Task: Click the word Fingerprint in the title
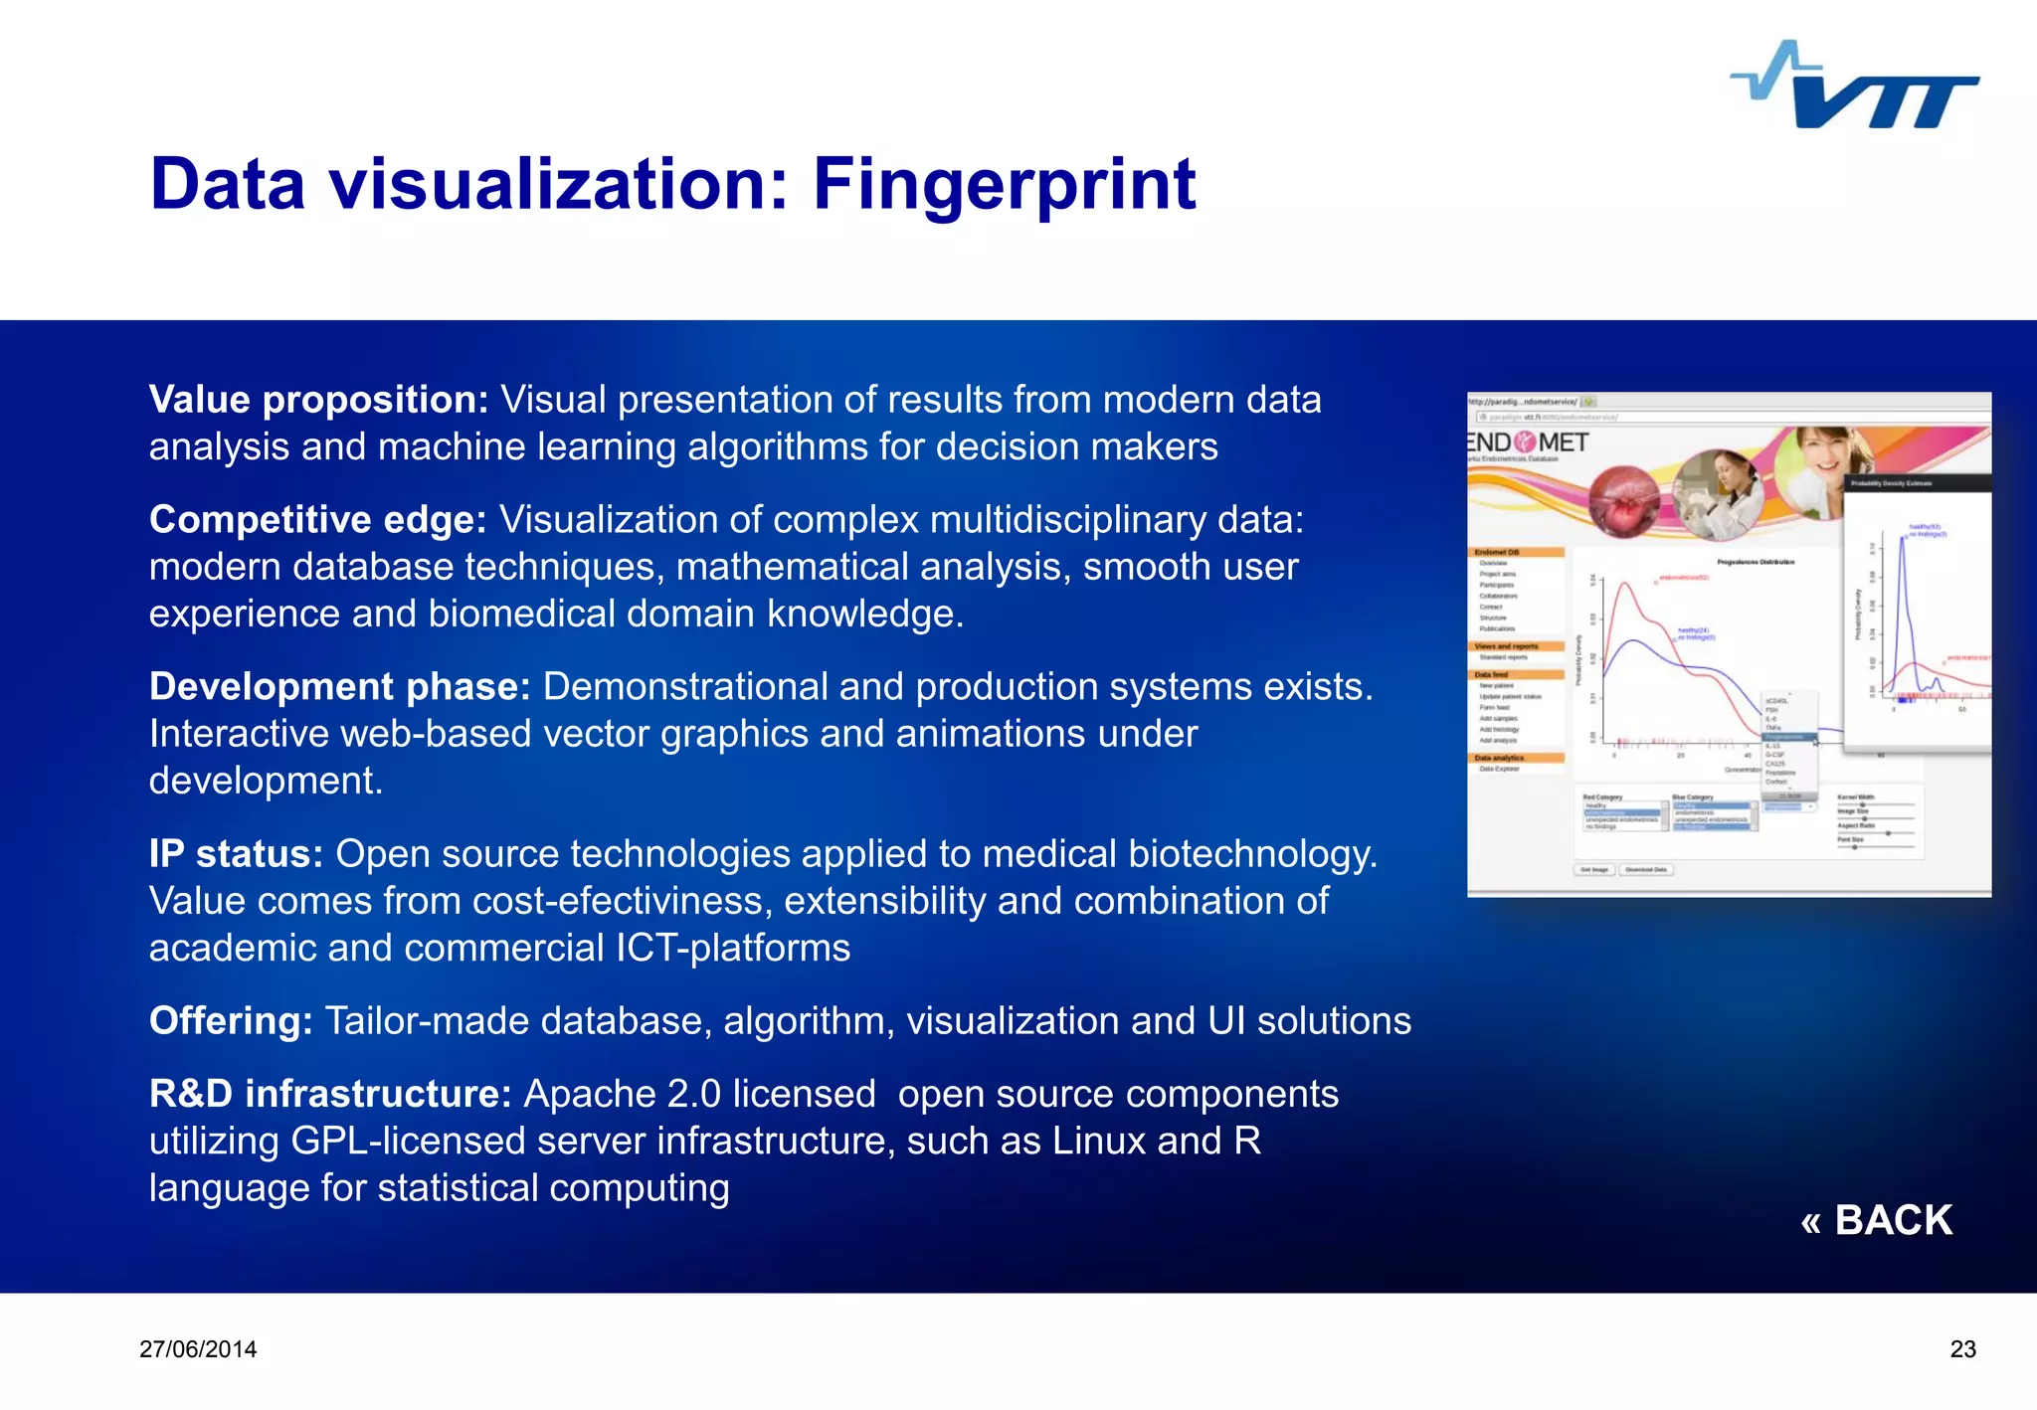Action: pyautogui.click(x=1004, y=185)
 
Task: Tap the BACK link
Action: pyautogui.click(x=1876, y=1220)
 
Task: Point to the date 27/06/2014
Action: pyautogui.click(x=198, y=1349)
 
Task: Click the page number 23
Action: pyautogui.click(x=1962, y=1349)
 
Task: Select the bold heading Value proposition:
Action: pyautogui.click(x=318, y=400)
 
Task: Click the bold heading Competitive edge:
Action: pyautogui.click(x=317, y=520)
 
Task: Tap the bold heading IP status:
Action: pyautogui.click(x=236, y=854)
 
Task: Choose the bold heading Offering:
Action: pyautogui.click(x=231, y=1021)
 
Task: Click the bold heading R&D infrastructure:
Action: pyautogui.click(x=329, y=1094)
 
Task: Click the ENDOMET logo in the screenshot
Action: pyautogui.click(x=1530, y=442)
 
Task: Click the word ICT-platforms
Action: pyautogui.click(x=732, y=949)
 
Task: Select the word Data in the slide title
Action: pyautogui.click(x=227, y=185)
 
